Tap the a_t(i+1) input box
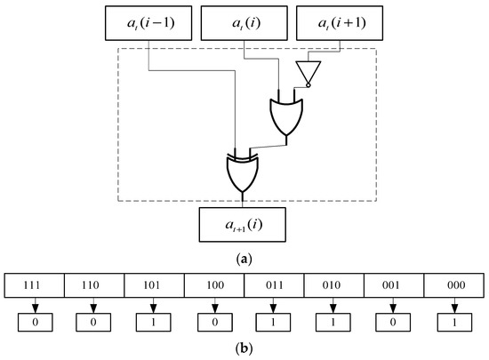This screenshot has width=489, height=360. pyautogui.click(x=333, y=24)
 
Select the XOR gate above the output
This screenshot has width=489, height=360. pyautogui.click(x=242, y=172)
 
